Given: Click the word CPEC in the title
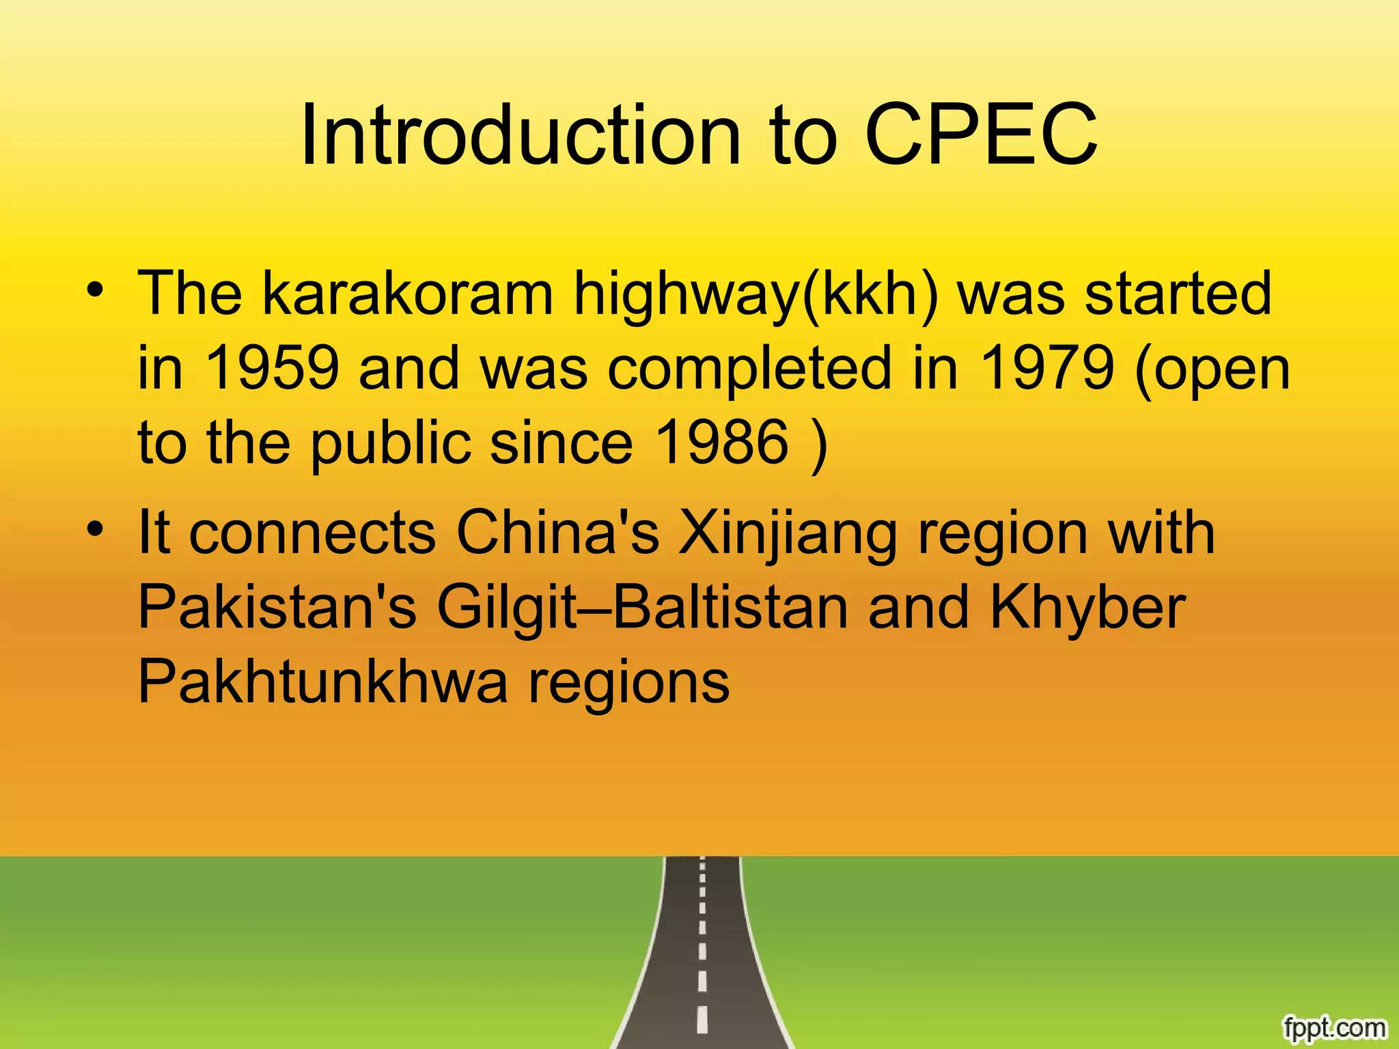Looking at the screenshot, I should click(x=981, y=135).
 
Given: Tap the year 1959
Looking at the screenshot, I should click(x=272, y=368).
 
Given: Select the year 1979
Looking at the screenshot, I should click(x=1047, y=368).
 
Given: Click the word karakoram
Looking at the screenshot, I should click(x=408, y=294).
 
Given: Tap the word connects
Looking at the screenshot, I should click(x=311, y=533).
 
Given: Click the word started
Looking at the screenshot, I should click(x=1178, y=294).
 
